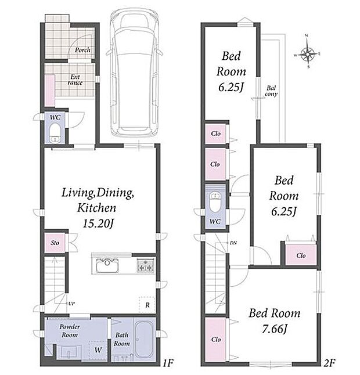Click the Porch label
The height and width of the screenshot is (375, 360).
[x=82, y=50]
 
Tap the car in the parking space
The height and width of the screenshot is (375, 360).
[x=134, y=73]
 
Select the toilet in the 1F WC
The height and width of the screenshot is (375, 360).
[x=55, y=133]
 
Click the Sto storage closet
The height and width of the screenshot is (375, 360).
[x=55, y=243]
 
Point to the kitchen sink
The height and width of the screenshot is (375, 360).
[x=107, y=265]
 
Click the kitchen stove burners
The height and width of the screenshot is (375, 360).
[x=145, y=265]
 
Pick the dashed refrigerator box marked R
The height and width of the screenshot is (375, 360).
[x=147, y=304]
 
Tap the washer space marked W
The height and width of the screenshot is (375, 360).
[x=98, y=350]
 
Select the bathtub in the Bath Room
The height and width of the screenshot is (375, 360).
[x=144, y=339]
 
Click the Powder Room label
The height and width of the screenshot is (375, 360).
[x=70, y=331]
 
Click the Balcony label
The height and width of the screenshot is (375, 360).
[x=271, y=91]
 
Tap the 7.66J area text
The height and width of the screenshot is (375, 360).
[x=275, y=329]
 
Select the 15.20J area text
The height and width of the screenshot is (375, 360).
[x=98, y=223]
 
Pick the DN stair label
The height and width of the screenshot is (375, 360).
[x=233, y=243]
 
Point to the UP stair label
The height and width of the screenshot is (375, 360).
[x=71, y=304]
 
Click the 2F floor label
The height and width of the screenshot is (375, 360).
[x=329, y=363]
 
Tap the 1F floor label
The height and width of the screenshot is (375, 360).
[x=168, y=363]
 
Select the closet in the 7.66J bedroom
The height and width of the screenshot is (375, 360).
[x=216, y=340]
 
